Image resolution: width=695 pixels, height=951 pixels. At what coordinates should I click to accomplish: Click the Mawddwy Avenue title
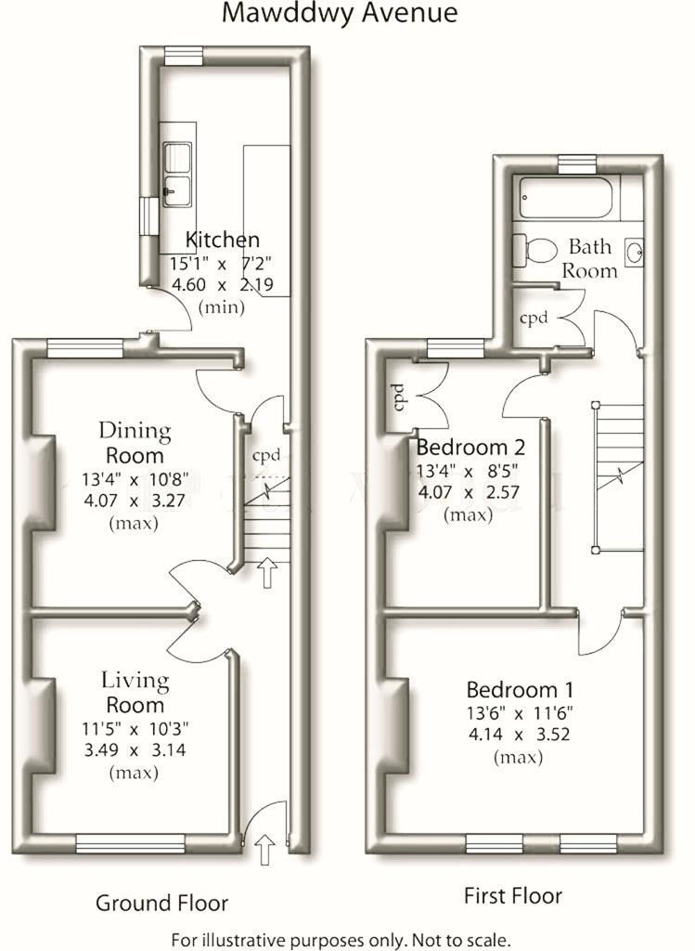(341, 13)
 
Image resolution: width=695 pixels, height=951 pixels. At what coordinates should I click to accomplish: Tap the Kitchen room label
(223, 239)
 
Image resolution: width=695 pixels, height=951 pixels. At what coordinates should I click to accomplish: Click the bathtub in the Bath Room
(566, 198)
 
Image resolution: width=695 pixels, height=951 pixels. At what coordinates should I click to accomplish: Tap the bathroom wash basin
(635, 251)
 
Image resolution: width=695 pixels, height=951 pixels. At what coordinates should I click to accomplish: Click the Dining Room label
(135, 443)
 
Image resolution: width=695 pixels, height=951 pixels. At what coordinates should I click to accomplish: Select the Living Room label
(135, 692)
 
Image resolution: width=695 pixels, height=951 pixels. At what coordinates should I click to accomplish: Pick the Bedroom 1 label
(520, 690)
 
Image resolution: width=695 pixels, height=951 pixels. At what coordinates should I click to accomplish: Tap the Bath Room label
(592, 258)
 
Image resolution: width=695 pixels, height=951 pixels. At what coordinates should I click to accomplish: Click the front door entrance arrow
(266, 848)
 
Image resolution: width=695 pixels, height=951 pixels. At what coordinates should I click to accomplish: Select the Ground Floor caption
(162, 903)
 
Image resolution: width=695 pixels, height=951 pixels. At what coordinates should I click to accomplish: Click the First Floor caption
(513, 896)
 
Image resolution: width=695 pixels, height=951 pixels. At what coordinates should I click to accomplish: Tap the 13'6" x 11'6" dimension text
(520, 713)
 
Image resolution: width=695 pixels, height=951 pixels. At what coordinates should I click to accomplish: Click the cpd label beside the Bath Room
(534, 319)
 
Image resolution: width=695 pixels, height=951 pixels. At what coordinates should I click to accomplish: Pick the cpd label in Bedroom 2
(401, 397)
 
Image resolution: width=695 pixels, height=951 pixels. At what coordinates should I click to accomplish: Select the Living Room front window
(130, 843)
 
